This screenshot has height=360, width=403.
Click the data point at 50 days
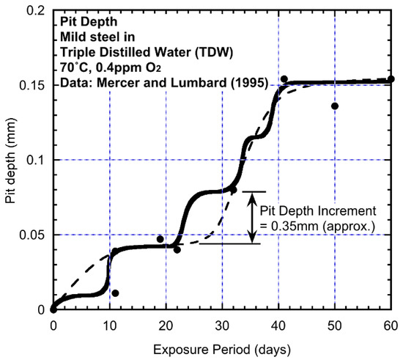(x=335, y=106)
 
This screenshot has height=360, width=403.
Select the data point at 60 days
(x=391, y=79)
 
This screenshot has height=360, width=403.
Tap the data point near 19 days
(x=160, y=239)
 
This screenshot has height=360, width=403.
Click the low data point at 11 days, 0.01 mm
(x=115, y=293)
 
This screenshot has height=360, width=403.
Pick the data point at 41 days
(x=284, y=79)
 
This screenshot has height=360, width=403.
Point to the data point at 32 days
(x=234, y=190)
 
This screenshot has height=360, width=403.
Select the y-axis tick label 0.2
(x=36, y=11)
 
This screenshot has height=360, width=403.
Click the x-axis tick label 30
(x=222, y=324)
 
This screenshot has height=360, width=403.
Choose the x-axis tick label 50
(x=335, y=324)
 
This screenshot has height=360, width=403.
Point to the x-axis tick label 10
(x=109, y=324)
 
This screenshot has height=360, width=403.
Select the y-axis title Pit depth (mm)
(x=10, y=160)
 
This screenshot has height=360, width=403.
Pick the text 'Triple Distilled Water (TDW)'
(x=131, y=54)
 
